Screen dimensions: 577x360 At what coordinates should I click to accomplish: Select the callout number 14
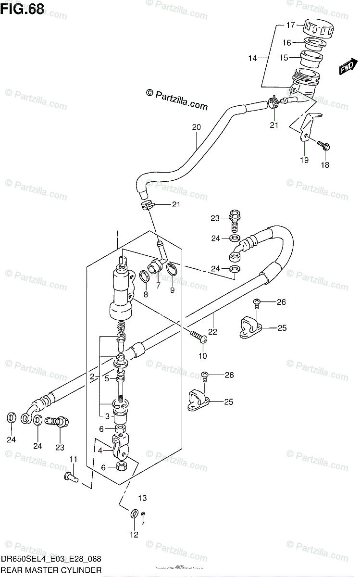(253, 58)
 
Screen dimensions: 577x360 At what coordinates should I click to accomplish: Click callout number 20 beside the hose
(196, 127)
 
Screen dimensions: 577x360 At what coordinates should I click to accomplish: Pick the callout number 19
(304, 161)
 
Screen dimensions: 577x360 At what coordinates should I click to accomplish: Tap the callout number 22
(212, 331)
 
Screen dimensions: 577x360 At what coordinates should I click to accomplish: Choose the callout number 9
(172, 290)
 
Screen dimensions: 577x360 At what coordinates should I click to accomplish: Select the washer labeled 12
(134, 513)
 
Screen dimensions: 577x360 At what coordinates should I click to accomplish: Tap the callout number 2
(92, 377)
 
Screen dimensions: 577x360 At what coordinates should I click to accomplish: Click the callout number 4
(100, 451)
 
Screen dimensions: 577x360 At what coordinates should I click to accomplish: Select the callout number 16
(286, 43)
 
